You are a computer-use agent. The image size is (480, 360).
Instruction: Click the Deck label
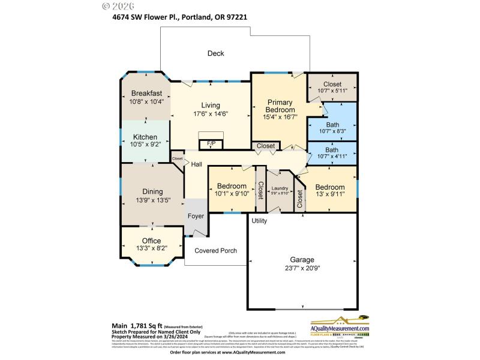point(215,53)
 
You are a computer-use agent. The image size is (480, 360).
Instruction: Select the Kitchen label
point(145,137)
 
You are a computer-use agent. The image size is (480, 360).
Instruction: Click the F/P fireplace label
point(211,144)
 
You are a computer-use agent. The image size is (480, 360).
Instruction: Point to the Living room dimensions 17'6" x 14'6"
point(211,113)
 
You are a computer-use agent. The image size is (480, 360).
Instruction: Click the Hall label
point(196,164)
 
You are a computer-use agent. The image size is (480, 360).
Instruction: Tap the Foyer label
point(196,216)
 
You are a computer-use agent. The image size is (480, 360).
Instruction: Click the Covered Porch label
point(216,250)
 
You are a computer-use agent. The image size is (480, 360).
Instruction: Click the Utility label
point(259,221)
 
